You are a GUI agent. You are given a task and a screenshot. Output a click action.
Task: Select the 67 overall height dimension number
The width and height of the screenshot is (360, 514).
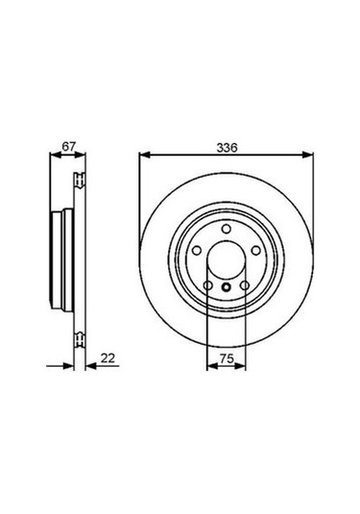[67, 147]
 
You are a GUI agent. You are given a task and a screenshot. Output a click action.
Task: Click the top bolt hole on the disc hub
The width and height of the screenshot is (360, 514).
[226, 228]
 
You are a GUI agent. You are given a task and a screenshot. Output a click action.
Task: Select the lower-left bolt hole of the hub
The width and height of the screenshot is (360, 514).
[209, 286]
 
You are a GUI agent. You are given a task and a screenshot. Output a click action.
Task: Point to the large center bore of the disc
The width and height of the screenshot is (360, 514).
[226, 263]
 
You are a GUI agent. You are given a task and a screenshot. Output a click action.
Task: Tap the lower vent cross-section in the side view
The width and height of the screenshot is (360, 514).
[80, 337]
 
